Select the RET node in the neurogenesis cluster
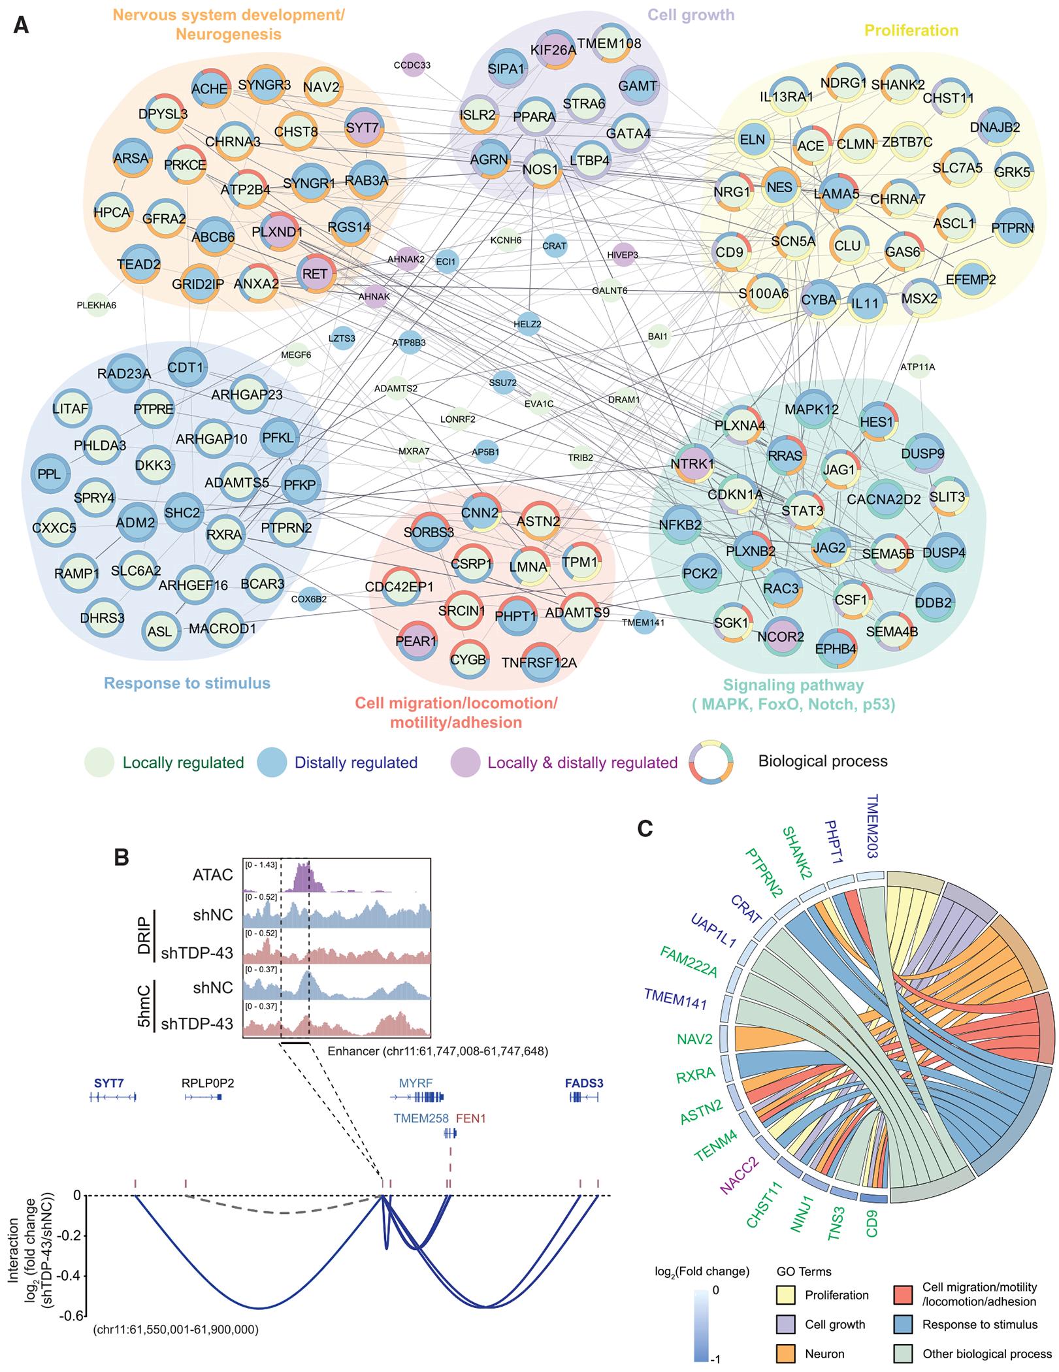[x=315, y=274]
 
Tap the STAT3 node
[x=802, y=510]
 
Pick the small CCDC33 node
[x=412, y=65]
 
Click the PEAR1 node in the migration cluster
[x=416, y=641]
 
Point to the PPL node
[x=50, y=474]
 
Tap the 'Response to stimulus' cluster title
[x=187, y=683]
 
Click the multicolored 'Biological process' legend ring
[x=711, y=762]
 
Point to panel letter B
[x=122, y=857]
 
